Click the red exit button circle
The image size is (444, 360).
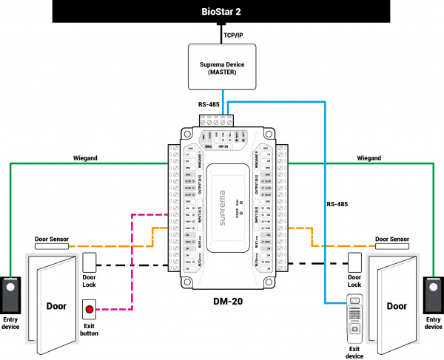tap(90, 310)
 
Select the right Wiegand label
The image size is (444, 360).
tap(369, 157)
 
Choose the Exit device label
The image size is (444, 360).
tap(355, 350)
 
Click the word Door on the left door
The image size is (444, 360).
tap(56, 305)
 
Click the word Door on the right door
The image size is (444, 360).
tap(397, 305)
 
